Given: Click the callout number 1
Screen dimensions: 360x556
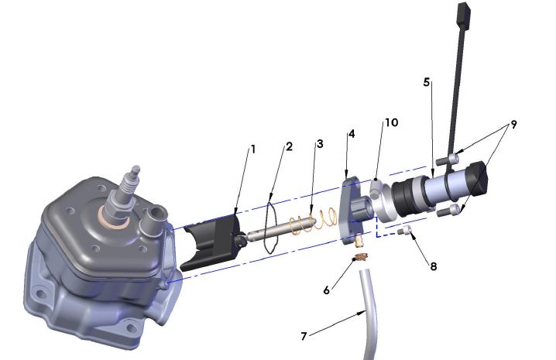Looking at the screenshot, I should (251, 147).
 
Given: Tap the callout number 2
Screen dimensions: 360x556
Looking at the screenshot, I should (288, 146).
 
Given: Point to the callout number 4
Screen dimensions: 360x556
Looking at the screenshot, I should (352, 134).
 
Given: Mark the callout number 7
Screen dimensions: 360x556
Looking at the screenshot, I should (304, 336).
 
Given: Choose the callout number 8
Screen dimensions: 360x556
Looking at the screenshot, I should (433, 266).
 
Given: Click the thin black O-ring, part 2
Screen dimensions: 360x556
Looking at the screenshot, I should (268, 225).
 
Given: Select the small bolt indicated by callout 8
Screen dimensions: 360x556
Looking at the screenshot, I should (402, 231).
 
